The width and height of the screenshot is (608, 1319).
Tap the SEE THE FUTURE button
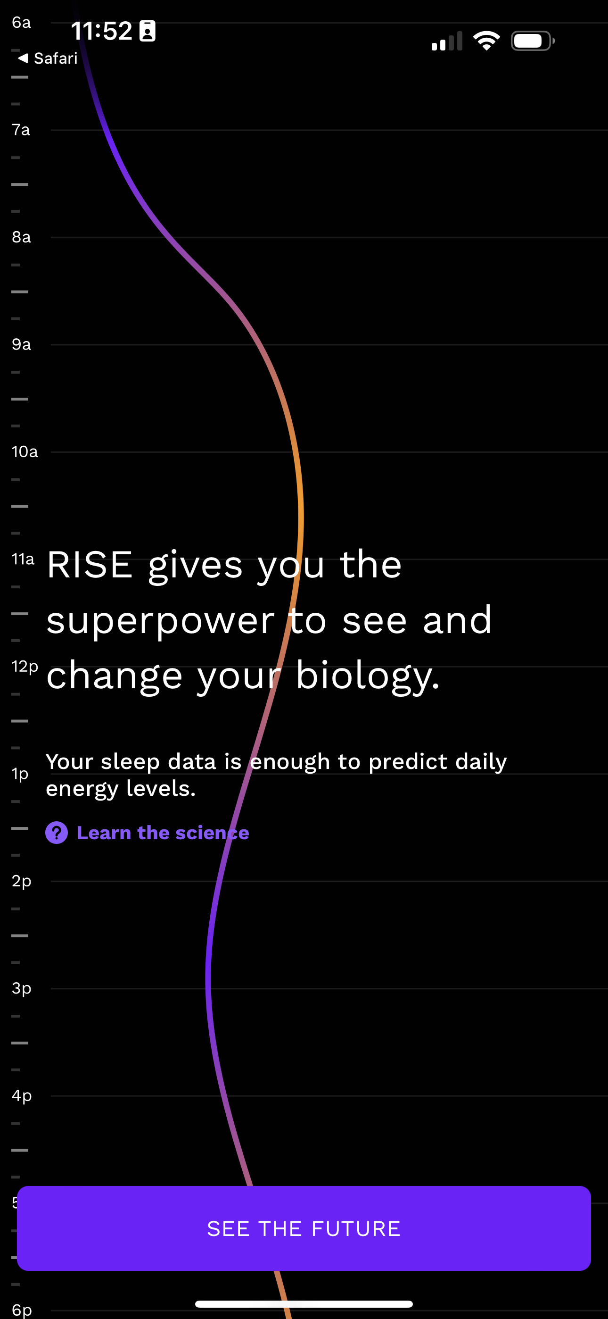tap(304, 1228)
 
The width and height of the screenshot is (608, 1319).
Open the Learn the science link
tap(163, 833)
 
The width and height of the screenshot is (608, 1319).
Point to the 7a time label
tap(21, 130)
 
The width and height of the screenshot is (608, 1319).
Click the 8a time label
tap(21, 237)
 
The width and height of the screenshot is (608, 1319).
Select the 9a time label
tap(21, 344)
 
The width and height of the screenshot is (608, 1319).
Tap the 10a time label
tap(25, 451)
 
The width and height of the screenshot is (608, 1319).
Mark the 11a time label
tap(23, 559)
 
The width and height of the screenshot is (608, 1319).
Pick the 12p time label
tap(25, 666)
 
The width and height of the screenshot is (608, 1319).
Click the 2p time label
tap(22, 881)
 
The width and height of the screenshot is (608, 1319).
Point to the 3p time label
tap(22, 988)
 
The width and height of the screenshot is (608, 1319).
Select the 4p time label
tap(22, 1096)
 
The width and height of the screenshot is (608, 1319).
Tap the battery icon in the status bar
tap(532, 41)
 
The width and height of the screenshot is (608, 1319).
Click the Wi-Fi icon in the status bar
tap(486, 41)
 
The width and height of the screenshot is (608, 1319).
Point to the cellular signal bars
tap(447, 42)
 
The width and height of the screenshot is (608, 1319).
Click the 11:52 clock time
tap(101, 31)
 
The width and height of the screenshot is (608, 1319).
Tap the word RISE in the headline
tap(90, 565)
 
